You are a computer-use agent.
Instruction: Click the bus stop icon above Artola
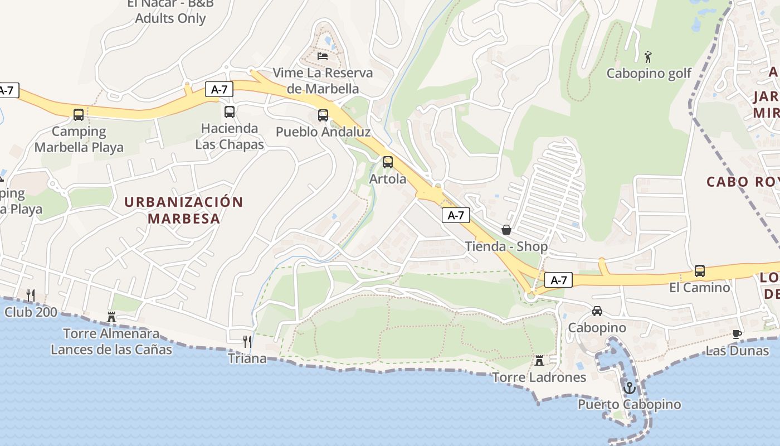[x=388, y=162]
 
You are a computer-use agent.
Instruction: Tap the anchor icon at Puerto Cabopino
[x=630, y=387]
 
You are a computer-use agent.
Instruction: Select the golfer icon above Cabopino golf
[x=647, y=56]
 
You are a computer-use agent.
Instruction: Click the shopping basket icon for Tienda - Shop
[x=506, y=229]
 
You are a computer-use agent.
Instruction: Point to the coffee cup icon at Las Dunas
[x=737, y=334]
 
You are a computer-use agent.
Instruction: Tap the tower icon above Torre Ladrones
[x=539, y=360]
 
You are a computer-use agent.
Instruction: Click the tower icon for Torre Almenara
[x=111, y=317]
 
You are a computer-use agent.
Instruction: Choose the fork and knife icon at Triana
[x=247, y=341]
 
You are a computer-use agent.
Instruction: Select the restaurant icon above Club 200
[x=31, y=295]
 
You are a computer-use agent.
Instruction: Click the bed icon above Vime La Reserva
[x=323, y=56]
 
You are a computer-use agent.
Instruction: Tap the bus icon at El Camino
[x=700, y=271]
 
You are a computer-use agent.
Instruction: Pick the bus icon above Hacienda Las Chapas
[x=230, y=111]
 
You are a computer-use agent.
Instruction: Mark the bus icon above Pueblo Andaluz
[x=323, y=115]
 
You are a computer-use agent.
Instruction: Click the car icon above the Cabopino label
[x=597, y=311]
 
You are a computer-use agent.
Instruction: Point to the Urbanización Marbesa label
[x=184, y=210]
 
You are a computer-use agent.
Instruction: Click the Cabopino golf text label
[x=649, y=74]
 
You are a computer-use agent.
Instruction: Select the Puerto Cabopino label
[x=629, y=404]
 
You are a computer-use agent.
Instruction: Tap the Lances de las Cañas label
[x=111, y=350]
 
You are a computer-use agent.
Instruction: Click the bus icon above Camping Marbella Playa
[x=79, y=115]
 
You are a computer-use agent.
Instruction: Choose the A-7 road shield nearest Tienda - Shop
[x=456, y=215]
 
